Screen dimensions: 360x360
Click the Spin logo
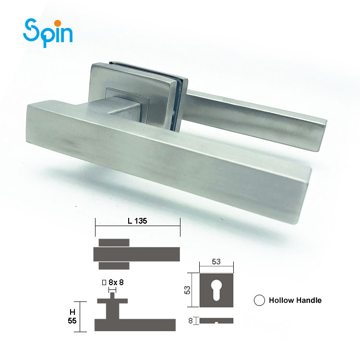click(x=48, y=32)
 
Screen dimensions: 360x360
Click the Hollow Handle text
click(x=295, y=300)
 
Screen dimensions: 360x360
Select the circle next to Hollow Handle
click(x=260, y=300)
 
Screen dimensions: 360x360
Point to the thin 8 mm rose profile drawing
click(x=216, y=320)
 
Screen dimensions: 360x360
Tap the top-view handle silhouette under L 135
click(x=137, y=253)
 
